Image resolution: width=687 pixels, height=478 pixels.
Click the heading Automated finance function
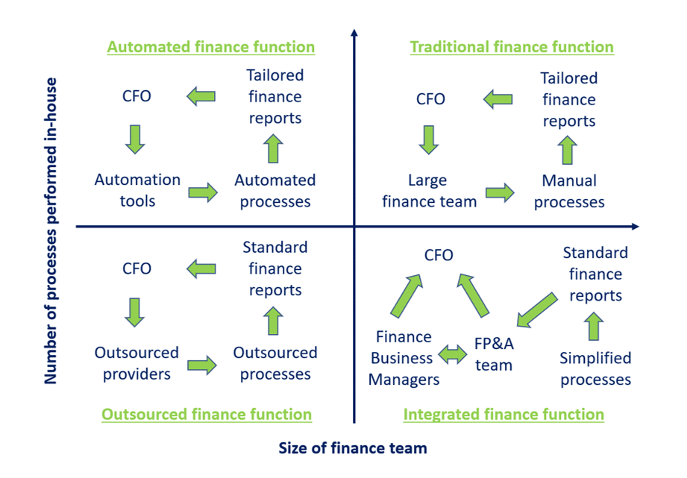pos(211,47)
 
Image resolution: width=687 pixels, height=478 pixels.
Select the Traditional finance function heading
pos(512,47)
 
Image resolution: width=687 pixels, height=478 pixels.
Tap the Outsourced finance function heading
pos(207,414)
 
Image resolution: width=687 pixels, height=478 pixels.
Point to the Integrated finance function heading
pos(504,414)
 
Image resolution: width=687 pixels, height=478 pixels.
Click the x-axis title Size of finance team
pos(353,447)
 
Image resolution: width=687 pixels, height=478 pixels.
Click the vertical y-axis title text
pos(51,231)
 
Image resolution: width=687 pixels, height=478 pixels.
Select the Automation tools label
pos(137,190)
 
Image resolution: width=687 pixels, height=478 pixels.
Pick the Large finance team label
pos(429,191)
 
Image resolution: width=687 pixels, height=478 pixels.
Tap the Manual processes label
pos(569,191)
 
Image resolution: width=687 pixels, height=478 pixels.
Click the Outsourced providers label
pos(137,363)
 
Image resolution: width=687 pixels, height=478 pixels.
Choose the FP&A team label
pos(494,354)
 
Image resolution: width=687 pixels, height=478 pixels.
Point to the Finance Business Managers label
pos(404,358)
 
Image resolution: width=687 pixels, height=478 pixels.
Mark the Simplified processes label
pos(595,368)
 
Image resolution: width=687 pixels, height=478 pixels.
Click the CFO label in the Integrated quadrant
pos(439,255)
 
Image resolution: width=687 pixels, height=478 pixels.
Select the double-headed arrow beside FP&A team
pos(453,354)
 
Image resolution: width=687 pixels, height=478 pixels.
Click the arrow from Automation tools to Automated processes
pos(203,192)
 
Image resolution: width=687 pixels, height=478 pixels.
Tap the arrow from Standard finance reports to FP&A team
pos(537,309)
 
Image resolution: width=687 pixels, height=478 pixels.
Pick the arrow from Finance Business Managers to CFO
pos(407,296)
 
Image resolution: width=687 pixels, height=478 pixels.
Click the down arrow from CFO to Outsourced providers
pos(134,312)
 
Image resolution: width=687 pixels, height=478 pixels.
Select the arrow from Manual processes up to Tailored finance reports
pos(568,150)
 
